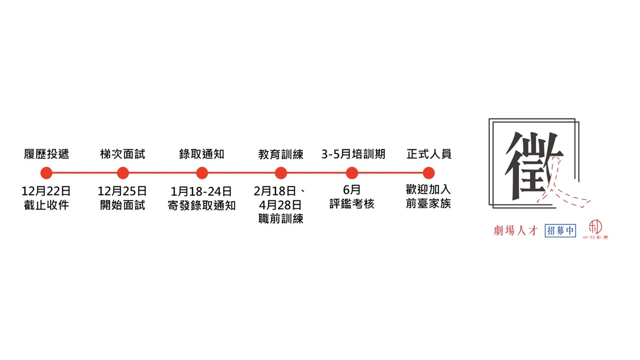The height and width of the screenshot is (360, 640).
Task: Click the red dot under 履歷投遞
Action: click(46, 173)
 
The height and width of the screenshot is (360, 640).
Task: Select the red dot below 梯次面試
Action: click(123, 173)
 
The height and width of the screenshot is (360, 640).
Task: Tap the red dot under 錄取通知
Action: click(202, 173)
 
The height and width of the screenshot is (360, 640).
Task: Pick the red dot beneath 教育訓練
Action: click(281, 173)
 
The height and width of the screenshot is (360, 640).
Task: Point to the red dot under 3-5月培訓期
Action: click(351, 173)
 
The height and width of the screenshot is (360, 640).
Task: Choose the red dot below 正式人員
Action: click(428, 173)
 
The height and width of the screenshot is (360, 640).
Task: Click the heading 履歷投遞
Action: click(46, 154)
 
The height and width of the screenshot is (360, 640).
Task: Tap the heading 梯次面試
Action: click(123, 154)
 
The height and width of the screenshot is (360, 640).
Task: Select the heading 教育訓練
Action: click(281, 154)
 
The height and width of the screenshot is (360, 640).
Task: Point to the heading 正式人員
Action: click(429, 154)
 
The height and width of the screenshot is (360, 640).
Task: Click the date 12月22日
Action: click(46, 191)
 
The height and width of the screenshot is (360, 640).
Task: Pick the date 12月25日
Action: click(122, 191)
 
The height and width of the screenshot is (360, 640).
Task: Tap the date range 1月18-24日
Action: click(201, 191)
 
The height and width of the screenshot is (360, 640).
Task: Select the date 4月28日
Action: click(280, 205)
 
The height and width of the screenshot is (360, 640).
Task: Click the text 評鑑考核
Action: click(351, 203)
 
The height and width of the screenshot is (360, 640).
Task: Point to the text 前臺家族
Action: click(428, 203)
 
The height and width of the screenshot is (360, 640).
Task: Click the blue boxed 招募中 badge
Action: click(560, 230)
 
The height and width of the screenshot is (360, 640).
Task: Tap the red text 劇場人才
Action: click(515, 230)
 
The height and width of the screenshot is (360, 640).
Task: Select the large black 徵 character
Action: click(533, 165)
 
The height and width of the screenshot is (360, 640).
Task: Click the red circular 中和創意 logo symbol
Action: click(595, 226)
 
